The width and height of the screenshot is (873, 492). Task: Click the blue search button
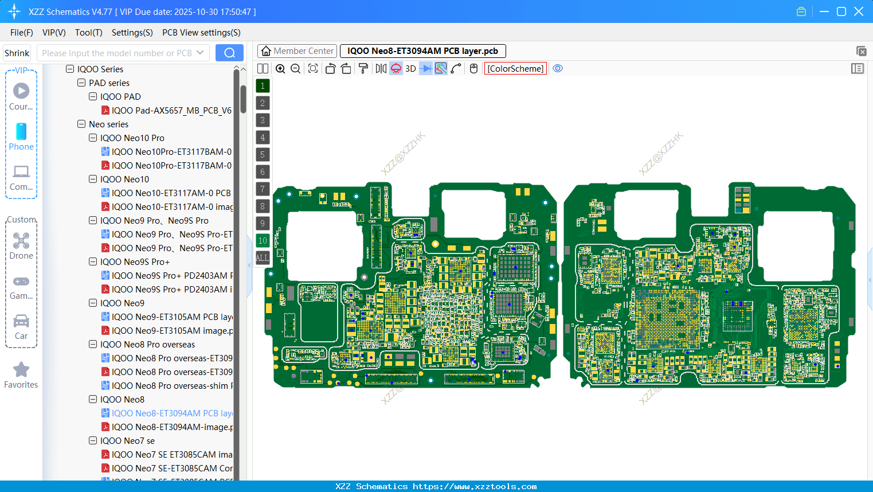(x=229, y=53)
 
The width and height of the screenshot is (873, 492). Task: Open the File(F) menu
(x=22, y=33)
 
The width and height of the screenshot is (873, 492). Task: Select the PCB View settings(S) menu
(x=201, y=33)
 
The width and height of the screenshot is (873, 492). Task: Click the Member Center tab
(x=297, y=51)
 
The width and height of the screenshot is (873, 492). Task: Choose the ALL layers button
(x=263, y=257)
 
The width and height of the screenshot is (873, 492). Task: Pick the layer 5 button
(x=263, y=154)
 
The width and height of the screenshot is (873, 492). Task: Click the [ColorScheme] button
(x=515, y=69)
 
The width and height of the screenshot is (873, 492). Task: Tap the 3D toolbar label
(x=410, y=69)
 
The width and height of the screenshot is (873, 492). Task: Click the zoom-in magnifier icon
(x=280, y=69)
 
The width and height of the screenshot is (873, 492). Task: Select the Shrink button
(x=17, y=53)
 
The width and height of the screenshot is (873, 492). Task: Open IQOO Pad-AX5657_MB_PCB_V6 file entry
(x=171, y=111)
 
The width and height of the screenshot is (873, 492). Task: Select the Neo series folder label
(x=108, y=124)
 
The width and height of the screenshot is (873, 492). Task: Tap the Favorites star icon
(x=21, y=370)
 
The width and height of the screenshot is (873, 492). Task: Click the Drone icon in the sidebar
(x=21, y=241)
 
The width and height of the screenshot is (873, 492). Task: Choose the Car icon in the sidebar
(x=21, y=321)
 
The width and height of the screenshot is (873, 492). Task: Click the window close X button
(x=859, y=11)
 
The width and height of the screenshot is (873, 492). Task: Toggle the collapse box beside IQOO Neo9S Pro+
(x=93, y=262)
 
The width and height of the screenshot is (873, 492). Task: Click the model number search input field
(x=117, y=53)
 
